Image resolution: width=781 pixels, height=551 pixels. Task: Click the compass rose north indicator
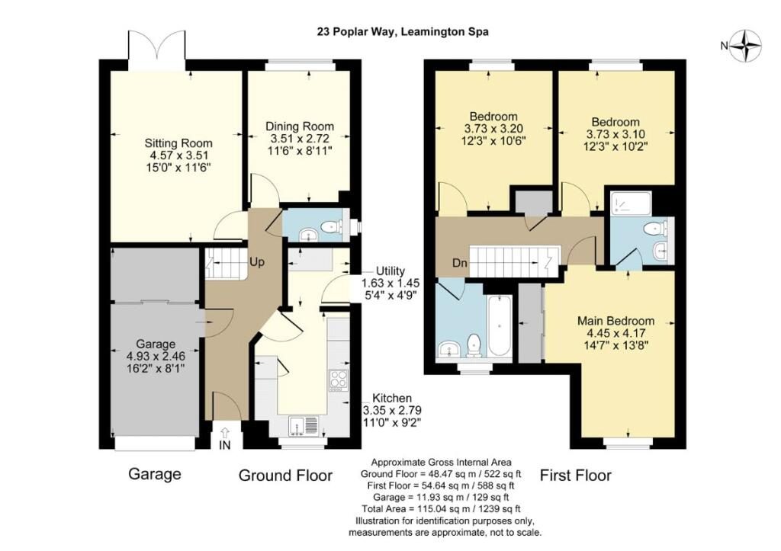click(745, 46)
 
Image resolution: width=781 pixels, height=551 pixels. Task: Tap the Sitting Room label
click(178, 143)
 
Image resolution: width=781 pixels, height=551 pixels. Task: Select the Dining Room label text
click(299, 127)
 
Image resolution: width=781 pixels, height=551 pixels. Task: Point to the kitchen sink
click(304, 426)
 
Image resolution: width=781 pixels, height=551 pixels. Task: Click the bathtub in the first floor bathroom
click(500, 326)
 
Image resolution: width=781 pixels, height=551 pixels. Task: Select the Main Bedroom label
click(615, 321)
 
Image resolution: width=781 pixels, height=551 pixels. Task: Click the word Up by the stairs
click(257, 262)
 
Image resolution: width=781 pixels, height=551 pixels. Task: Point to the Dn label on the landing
click(460, 262)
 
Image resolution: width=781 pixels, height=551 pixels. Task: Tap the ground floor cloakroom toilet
click(331, 227)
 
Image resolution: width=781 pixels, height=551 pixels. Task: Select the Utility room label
click(390, 271)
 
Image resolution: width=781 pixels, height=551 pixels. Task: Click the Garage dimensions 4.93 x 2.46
click(156, 357)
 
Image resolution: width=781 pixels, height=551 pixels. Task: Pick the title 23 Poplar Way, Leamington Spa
click(403, 32)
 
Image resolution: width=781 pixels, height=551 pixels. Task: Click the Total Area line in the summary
click(442, 508)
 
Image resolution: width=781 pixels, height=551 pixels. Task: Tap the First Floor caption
click(575, 476)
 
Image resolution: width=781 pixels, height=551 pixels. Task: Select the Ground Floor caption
click(285, 476)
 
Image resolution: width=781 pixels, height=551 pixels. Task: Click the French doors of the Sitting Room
click(156, 45)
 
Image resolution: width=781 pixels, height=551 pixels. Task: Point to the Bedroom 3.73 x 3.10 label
click(615, 134)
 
